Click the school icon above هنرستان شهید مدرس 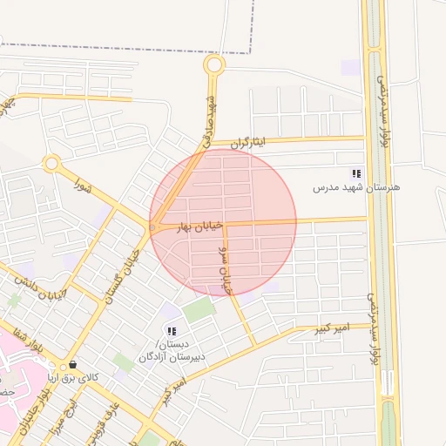[355, 173]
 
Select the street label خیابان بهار [195, 226]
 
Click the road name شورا [84, 186]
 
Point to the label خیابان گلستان [123, 274]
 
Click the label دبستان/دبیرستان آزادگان [172, 351]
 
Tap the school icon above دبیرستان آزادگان [172, 331]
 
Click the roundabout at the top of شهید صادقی [214, 64]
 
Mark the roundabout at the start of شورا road [51, 163]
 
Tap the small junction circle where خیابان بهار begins [152, 227]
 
